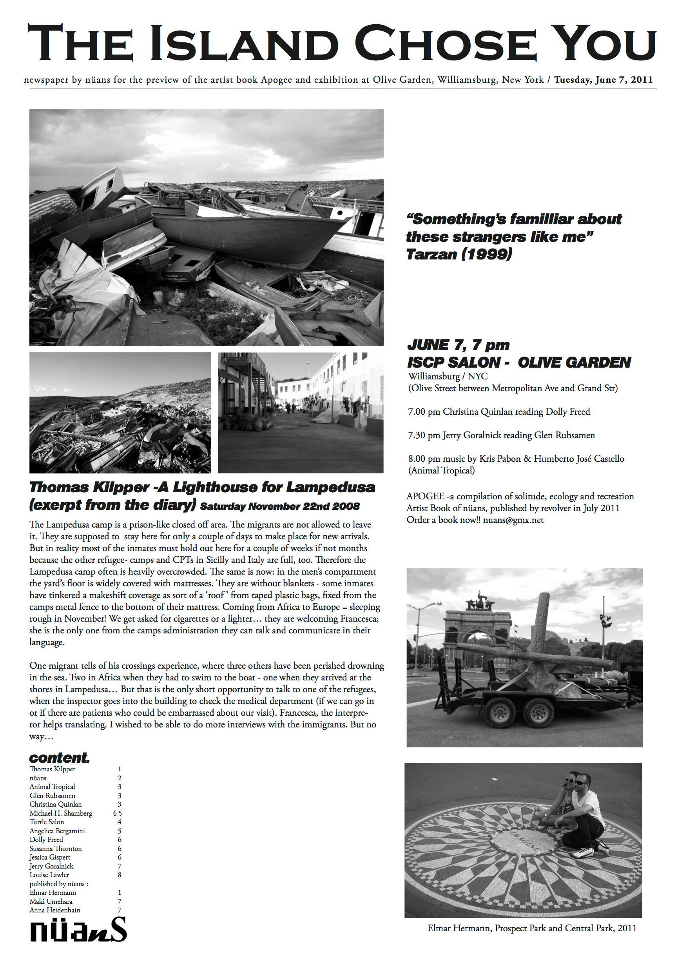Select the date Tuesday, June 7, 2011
click(x=603, y=80)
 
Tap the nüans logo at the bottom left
click(x=78, y=930)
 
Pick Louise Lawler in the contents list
click(x=49, y=875)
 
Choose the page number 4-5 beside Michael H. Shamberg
click(x=117, y=813)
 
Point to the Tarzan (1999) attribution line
click(x=459, y=254)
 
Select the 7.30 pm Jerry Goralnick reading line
click(x=501, y=435)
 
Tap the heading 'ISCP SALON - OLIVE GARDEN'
click(x=518, y=363)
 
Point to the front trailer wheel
click(x=500, y=712)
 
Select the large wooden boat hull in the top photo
click(x=250, y=237)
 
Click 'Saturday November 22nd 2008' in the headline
click(x=280, y=507)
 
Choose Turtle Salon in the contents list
click(x=47, y=822)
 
